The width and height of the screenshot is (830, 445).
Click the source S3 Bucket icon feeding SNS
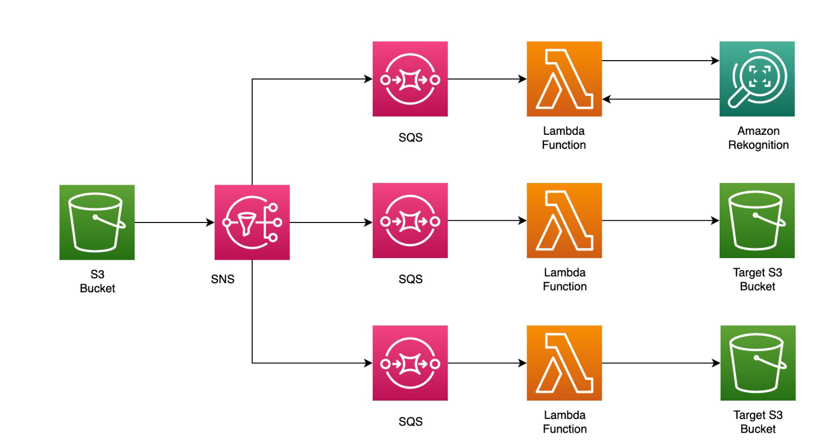[97, 222]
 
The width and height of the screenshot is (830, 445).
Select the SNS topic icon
[252, 222]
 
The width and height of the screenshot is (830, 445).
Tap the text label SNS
[222, 279]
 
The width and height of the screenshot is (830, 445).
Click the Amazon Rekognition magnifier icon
[756, 78]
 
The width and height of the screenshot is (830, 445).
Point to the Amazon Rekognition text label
[758, 138]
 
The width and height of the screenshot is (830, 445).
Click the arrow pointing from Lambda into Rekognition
[660, 61]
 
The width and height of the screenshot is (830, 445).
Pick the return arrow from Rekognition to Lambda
[660, 99]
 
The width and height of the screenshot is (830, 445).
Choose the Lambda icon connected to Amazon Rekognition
[564, 78]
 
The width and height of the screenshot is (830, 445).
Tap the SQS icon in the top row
[410, 78]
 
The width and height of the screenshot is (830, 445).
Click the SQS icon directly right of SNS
[410, 220]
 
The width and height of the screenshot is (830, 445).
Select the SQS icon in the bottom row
[410, 363]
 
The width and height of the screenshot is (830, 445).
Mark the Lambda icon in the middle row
[564, 220]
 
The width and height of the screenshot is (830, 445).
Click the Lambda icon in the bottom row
[564, 363]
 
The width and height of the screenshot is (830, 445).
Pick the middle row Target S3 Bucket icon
[756, 220]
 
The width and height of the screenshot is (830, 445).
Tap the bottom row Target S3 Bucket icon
[757, 363]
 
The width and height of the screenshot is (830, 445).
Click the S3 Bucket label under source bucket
[97, 282]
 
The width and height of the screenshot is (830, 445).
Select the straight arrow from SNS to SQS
[331, 222]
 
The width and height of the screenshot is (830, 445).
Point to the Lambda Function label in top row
[564, 138]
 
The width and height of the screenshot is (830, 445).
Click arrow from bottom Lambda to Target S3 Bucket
[660, 363]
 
